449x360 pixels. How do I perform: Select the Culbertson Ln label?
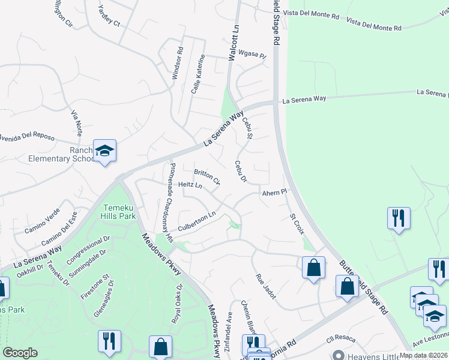pos(197,221)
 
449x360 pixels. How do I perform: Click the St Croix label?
pos(297,223)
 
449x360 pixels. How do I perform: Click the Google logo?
pos(20,352)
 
